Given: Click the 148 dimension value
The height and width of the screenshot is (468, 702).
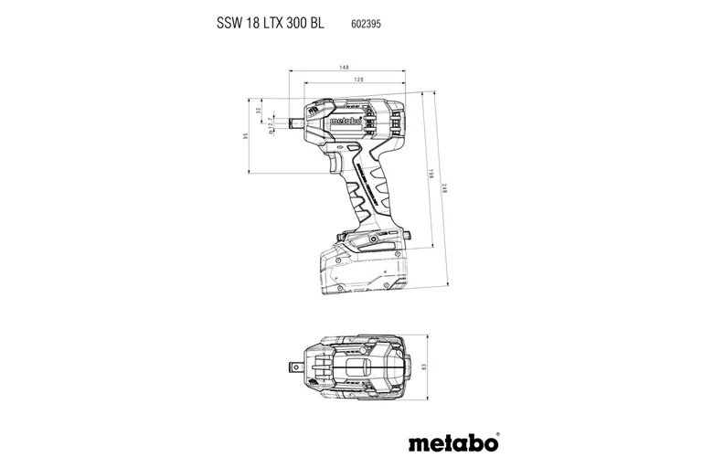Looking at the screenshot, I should (343, 68).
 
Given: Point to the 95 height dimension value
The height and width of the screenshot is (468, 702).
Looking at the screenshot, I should (245, 136).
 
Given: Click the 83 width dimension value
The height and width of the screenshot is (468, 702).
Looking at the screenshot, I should (424, 367).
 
